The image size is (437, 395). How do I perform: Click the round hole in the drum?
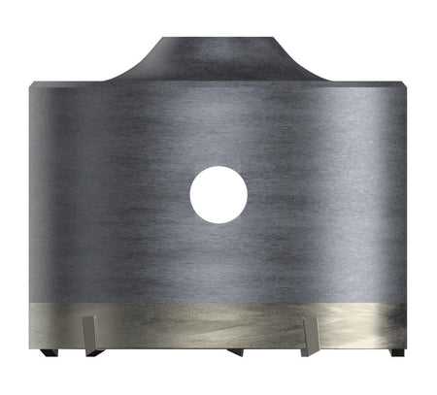tap(218, 195)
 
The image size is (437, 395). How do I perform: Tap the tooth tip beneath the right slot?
tap(310, 351)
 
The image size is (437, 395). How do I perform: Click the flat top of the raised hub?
tap(218, 40)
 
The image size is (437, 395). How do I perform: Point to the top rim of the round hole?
tap(218, 168)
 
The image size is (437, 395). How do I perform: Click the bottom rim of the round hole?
tap(218, 222)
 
